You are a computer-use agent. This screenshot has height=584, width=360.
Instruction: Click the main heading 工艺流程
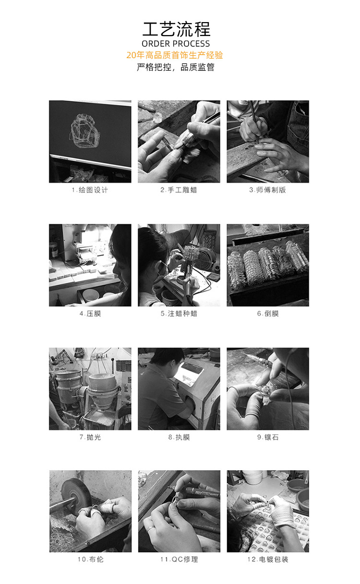click(176, 29)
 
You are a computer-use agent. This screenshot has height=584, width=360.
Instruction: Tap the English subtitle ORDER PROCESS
click(176, 44)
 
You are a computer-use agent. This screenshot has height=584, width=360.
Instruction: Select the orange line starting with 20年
click(175, 55)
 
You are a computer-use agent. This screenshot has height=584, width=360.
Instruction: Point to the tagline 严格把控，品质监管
click(176, 67)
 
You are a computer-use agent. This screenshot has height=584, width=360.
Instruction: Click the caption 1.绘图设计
click(90, 190)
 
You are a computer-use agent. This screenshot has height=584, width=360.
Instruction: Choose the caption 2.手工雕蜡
click(179, 190)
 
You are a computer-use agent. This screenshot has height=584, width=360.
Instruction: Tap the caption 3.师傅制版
click(267, 190)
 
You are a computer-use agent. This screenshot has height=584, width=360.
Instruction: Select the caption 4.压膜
click(90, 314)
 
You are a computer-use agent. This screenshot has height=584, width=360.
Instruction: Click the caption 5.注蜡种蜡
click(179, 314)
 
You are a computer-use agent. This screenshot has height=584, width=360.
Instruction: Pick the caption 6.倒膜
click(267, 314)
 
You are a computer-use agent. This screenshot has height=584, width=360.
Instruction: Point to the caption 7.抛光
click(90, 437)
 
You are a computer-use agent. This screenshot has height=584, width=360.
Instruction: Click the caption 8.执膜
click(179, 437)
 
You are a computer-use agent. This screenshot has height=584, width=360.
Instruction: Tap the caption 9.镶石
click(267, 437)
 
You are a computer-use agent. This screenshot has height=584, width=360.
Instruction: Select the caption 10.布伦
click(90, 560)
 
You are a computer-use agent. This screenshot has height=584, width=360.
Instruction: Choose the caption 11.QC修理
click(179, 560)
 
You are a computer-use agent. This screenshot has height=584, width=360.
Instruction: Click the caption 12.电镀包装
click(267, 560)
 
